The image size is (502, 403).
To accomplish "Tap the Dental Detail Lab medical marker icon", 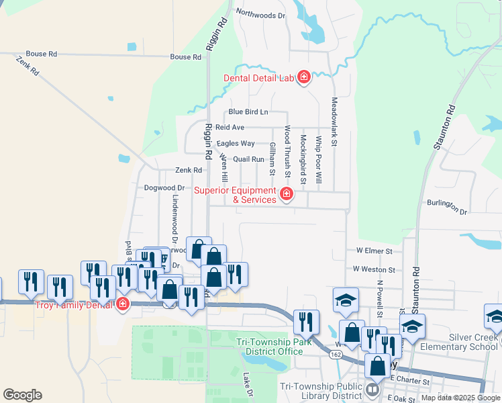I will [x=303, y=78].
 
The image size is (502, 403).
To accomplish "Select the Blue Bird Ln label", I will [x=248, y=111].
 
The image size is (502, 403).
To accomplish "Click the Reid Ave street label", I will [x=230, y=127].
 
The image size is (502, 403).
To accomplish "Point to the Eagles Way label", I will [x=235, y=143].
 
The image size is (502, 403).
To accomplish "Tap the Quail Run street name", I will [x=248, y=159].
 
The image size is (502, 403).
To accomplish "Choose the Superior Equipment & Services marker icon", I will [x=287, y=195].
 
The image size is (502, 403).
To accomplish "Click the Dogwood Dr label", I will [x=164, y=188].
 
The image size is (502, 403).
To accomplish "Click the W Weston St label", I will [x=374, y=269].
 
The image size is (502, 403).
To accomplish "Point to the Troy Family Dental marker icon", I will [x=122, y=305].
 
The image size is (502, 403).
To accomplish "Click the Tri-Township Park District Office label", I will [x=270, y=347].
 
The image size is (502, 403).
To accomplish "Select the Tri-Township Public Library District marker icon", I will [x=373, y=389].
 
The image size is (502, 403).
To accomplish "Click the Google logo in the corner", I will [x=22, y=395].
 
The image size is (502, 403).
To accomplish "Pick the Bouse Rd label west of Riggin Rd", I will [x=42, y=54].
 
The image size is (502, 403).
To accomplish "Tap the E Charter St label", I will [x=409, y=381].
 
